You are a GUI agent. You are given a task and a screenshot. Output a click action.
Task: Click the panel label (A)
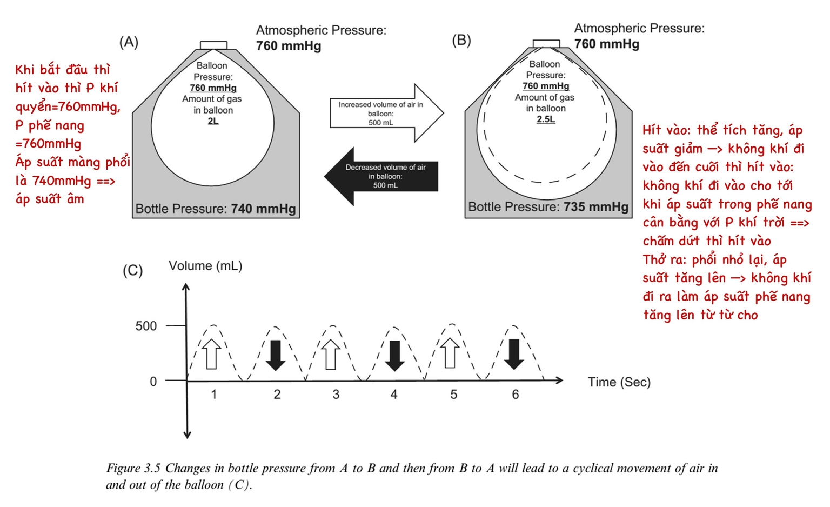(129, 42)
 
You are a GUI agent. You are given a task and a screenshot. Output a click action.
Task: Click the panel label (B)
(461, 41)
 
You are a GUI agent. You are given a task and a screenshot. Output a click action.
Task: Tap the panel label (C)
(132, 270)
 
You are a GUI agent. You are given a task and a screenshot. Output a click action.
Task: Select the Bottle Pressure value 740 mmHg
(263, 209)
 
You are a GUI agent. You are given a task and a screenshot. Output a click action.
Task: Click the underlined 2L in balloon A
(213, 121)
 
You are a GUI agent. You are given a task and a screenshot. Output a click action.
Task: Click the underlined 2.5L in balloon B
(546, 119)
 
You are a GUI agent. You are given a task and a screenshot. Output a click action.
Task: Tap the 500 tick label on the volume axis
(146, 326)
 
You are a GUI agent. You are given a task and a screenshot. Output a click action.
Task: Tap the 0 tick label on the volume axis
(153, 382)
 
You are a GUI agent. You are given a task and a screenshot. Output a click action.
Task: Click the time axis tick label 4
(394, 395)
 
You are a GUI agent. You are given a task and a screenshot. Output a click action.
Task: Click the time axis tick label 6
(516, 395)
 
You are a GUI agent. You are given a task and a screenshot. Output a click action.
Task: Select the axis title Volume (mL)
(205, 266)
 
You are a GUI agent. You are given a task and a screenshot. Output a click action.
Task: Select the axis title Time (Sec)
(619, 382)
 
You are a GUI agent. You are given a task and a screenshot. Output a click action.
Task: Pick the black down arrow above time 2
(276, 355)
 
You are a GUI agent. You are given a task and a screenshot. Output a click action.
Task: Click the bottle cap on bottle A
(213, 45)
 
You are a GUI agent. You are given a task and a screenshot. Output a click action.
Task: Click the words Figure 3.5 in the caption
(133, 468)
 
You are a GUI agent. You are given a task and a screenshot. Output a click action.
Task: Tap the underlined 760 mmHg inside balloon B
(546, 86)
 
